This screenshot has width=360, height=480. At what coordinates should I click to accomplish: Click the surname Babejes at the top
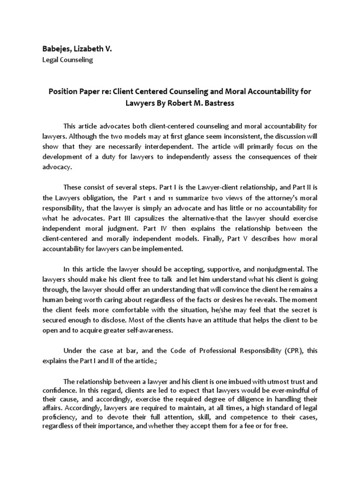[x=59, y=48]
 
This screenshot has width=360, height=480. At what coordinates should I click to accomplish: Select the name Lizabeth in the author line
[x=92, y=48]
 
